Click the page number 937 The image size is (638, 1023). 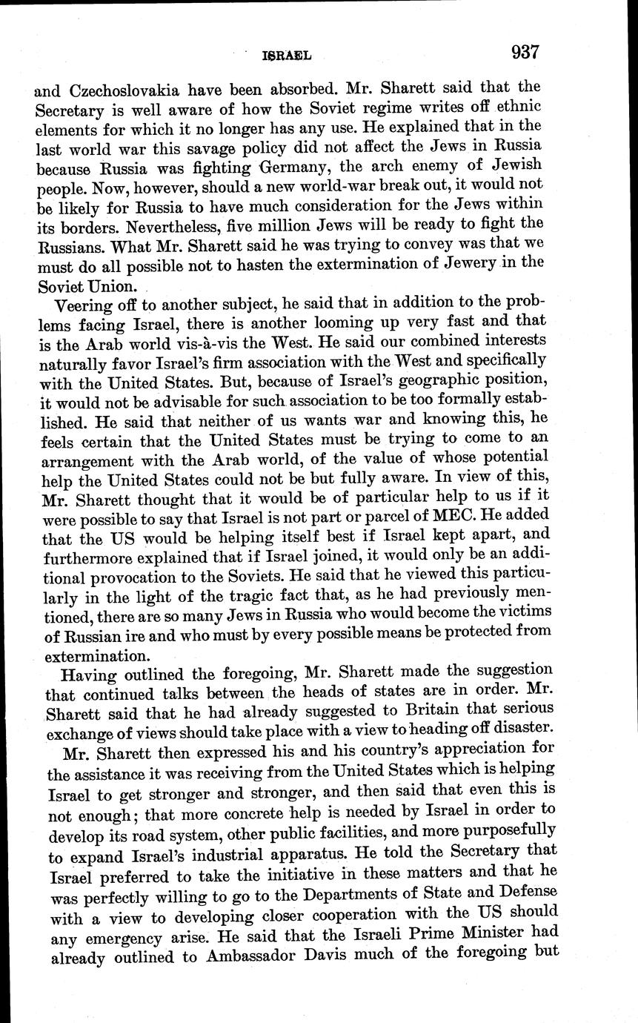coord(524,53)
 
